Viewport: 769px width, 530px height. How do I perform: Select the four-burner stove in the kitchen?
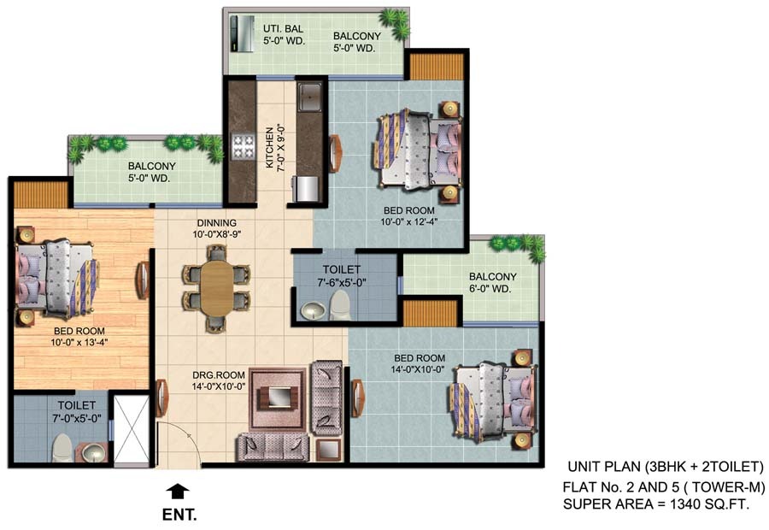[x=244, y=147]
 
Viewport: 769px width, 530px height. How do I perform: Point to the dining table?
[x=217, y=289]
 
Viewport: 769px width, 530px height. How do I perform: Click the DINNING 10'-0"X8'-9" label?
[x=217, y=229]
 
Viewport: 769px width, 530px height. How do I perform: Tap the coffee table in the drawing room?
[x=278, y=397]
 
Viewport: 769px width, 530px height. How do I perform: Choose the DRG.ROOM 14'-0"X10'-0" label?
[x=219, y=380]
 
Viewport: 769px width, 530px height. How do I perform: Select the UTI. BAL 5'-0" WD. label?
[x=284, y=35]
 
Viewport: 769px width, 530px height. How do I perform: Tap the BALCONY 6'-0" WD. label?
[x=492, y=283]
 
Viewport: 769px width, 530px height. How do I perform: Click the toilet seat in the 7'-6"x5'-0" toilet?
[x=339, y=305]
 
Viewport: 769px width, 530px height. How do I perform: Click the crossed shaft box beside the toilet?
[x=132, y=428]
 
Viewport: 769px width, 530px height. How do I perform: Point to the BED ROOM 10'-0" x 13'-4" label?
[x=79, y=337]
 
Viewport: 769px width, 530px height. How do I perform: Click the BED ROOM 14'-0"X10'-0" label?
[x=420, y=363]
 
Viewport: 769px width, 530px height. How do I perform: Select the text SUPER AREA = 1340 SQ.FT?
[x=656, y=504]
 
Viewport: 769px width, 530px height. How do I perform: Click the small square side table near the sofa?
[x=329, y=449]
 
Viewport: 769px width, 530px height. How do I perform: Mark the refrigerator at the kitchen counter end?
[x=306, y=189]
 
